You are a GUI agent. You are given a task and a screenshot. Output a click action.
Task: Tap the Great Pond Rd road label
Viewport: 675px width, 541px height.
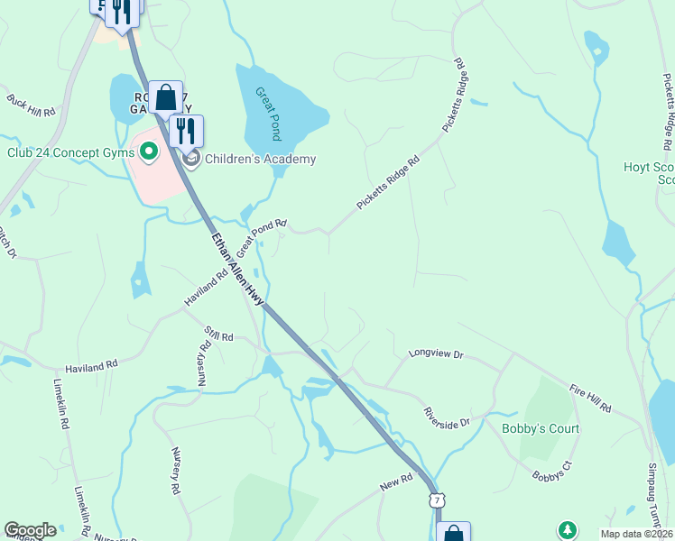point(262,235)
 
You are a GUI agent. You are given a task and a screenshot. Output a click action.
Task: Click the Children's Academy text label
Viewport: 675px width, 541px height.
point(261,160)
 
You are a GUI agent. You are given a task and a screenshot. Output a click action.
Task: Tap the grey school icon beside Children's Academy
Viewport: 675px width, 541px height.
point(191,160)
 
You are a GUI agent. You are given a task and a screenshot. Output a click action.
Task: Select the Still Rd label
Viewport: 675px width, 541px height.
point(219,335)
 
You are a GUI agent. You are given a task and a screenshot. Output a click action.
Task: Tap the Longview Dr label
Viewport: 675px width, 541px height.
point(435,354)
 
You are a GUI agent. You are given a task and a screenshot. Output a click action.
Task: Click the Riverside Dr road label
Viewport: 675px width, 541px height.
point(448,417)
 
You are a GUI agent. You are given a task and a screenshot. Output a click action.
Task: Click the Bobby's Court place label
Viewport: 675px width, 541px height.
point(541,428)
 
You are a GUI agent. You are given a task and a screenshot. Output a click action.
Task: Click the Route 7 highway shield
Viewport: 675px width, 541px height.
point(437,499)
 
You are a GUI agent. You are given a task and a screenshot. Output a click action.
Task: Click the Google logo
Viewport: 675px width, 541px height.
point(30,530)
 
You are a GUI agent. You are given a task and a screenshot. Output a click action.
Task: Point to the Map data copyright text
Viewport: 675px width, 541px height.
point(637,534)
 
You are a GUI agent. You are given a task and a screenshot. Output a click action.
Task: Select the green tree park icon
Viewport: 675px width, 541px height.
point(567,530)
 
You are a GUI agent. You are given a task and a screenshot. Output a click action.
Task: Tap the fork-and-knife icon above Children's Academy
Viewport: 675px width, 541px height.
point(186,130)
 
